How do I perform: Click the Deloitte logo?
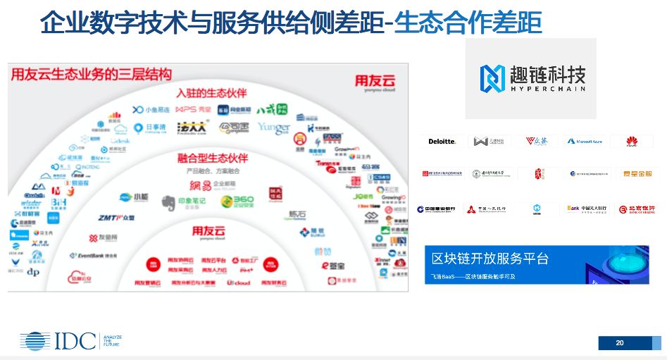442,142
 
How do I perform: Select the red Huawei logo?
631,142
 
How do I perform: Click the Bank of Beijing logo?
635,209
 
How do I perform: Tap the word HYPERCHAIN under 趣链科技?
547,89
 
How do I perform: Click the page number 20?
620,343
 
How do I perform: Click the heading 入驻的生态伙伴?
211,93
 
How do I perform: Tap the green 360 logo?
237,202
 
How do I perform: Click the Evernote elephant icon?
167,204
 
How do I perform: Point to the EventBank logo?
96,256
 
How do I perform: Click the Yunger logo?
273,128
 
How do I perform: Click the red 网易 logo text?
200,185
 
